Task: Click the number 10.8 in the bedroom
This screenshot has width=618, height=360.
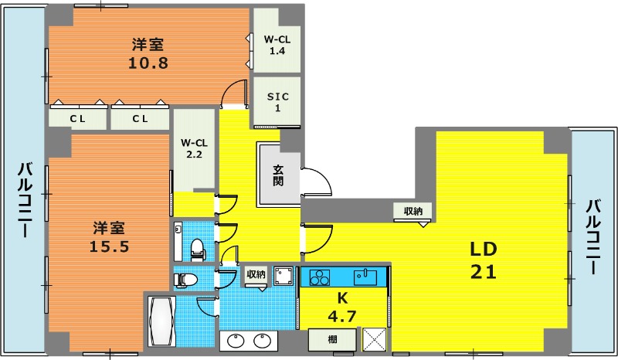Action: coord(148,63)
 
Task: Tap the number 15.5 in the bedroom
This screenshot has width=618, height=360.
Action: coord(109,247)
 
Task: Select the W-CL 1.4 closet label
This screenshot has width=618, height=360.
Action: coord(277,45)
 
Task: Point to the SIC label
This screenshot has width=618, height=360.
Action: coord(278,97)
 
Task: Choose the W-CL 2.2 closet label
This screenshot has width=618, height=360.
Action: coord(195,148)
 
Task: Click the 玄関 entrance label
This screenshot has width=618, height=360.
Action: coord(278,175)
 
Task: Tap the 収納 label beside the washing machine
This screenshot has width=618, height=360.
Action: coord(256,273)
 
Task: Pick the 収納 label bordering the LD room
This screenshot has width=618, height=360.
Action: coord(413,211)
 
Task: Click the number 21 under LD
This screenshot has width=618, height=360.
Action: coord(484,272)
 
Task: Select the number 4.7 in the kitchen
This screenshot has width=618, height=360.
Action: coord(342,316)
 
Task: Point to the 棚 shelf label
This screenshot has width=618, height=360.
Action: coord(333,339)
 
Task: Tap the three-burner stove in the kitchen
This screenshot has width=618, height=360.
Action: coord(319,277)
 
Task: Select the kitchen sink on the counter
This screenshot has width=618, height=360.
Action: coord(365,277)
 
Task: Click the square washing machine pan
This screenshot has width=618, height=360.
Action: coord(284,276)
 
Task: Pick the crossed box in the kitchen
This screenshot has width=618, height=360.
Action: coord(374,339)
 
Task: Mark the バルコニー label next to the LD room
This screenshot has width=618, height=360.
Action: coord(594,237)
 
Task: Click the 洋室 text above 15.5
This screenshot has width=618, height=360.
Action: coord(109,228)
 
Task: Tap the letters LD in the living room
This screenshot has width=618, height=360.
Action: coord(484,249)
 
